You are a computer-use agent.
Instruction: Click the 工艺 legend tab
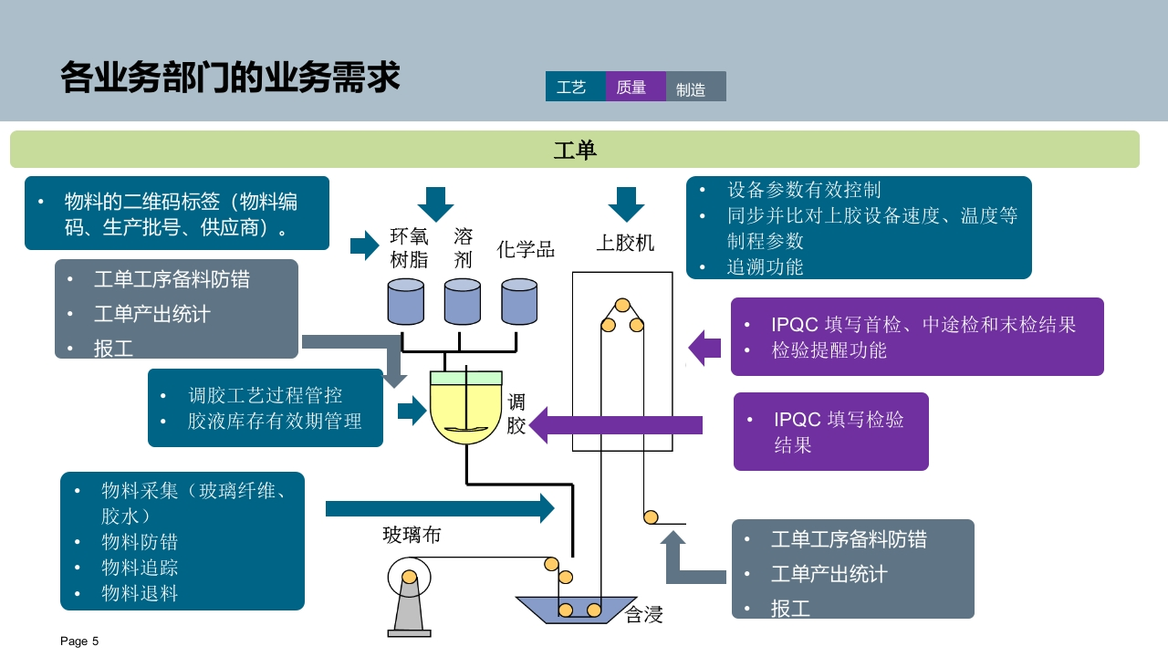(575, 87)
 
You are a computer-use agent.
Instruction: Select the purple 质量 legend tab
(636, 87)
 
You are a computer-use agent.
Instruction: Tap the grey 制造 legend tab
(695, 87)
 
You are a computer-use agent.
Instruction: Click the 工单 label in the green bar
(575, 151)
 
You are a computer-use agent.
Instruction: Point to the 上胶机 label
(625, 243)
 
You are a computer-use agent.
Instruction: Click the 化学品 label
(525, 249)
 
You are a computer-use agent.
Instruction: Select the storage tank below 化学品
(519, 301)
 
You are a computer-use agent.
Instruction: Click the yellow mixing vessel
(465, 407)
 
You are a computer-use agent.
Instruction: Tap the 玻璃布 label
(412, 535)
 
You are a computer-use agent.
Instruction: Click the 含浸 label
(643, 614)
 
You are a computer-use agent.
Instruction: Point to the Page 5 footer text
(79, 641)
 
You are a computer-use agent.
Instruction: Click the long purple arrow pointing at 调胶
(615, 425)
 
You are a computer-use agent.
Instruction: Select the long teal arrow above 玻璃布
(440, 508)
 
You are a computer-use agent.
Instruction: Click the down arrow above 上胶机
(626, 204)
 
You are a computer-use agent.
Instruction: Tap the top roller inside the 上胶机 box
(622, 305)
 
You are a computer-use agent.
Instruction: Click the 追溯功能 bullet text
(765, 267)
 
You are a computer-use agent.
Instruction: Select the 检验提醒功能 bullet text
(829, 350)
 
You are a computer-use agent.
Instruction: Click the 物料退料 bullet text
(140, 593)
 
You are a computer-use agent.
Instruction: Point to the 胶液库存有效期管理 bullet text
(275, 421)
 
